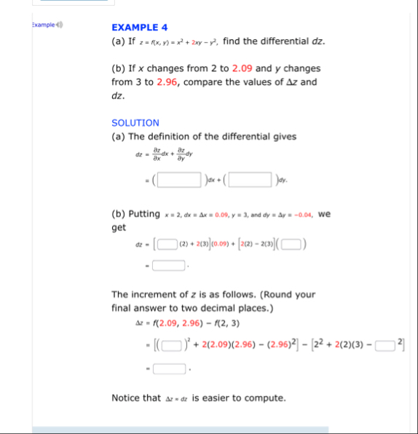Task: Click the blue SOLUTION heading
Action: pos(135,123)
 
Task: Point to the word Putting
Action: pos(144,214)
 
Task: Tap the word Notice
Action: pos(126,398)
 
